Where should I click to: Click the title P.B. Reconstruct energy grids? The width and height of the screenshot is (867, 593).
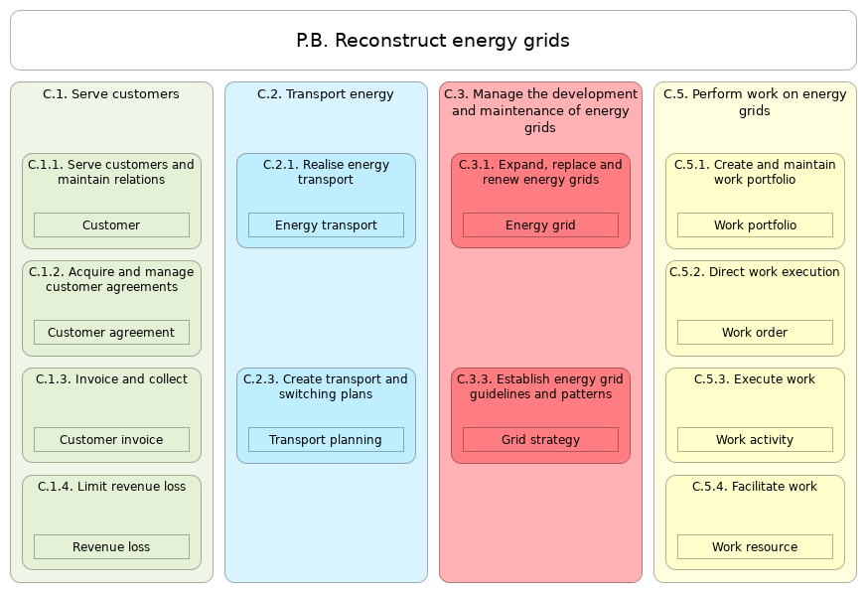coord(433,41)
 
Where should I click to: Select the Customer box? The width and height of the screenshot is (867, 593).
coord(111,225)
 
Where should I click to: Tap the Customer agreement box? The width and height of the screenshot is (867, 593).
coord(111,333)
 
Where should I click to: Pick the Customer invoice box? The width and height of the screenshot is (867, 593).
coord(111,440)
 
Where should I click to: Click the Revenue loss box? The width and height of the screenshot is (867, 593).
coord(111,547)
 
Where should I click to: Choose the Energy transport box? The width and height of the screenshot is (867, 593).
coord(326,225)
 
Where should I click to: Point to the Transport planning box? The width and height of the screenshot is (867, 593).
coord(326,440)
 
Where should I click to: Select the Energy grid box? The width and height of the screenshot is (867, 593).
coord(540,225)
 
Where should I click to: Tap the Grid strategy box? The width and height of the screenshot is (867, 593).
coord(540,440)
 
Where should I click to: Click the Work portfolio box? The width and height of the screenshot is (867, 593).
coord(755,225)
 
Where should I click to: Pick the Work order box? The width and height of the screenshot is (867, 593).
coord(755,333)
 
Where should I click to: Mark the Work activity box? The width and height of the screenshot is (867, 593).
coord(755,440)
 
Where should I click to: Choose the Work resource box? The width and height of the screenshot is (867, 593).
coord(755,547)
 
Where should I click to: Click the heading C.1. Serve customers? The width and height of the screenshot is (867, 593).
coord(111,94)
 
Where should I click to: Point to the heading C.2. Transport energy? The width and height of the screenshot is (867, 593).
coord(326,94)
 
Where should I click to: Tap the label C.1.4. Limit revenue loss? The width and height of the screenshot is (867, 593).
coord(111,487)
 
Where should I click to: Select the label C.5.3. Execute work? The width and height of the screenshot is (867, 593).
coord(755,379)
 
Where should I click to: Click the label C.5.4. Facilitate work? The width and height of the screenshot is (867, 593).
coord(755,487)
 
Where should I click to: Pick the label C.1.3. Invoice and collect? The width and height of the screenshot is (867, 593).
coord(111,379)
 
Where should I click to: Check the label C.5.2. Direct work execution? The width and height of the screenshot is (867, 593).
coord(755,272)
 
